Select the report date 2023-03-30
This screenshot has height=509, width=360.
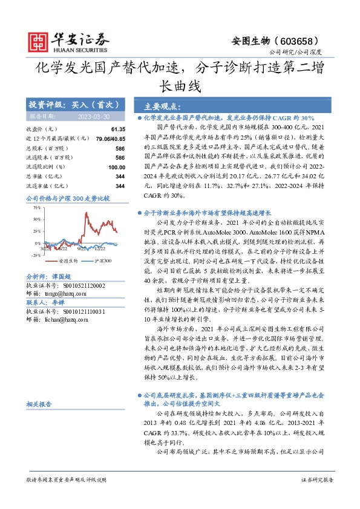[94, 116]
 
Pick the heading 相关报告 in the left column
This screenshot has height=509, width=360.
[40, 403]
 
